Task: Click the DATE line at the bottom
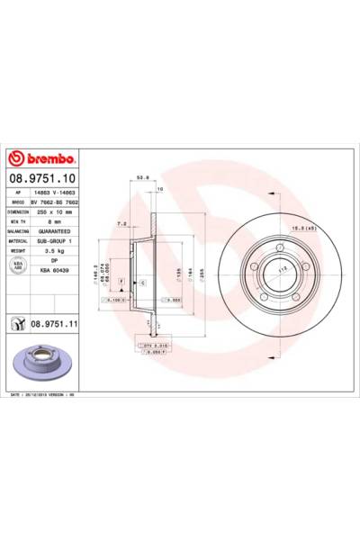54,394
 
